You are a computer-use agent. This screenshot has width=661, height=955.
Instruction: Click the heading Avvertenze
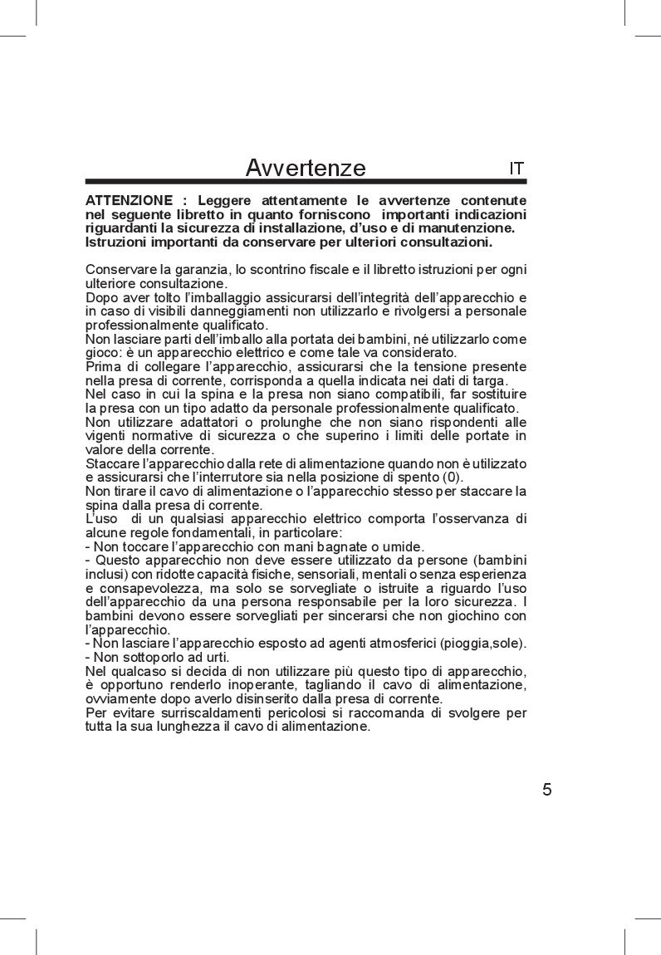[x=306, y=168]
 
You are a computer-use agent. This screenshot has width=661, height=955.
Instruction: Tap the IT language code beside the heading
[x=517, y=168]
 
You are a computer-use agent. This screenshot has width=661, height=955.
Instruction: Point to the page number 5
[x=546, y=789]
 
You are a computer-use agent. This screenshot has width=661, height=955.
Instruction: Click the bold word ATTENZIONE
[x=128, y=201]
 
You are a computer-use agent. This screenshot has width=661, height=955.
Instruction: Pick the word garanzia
[x=198, y=270]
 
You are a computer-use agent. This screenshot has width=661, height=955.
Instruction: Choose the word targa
[x=491, y=380]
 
